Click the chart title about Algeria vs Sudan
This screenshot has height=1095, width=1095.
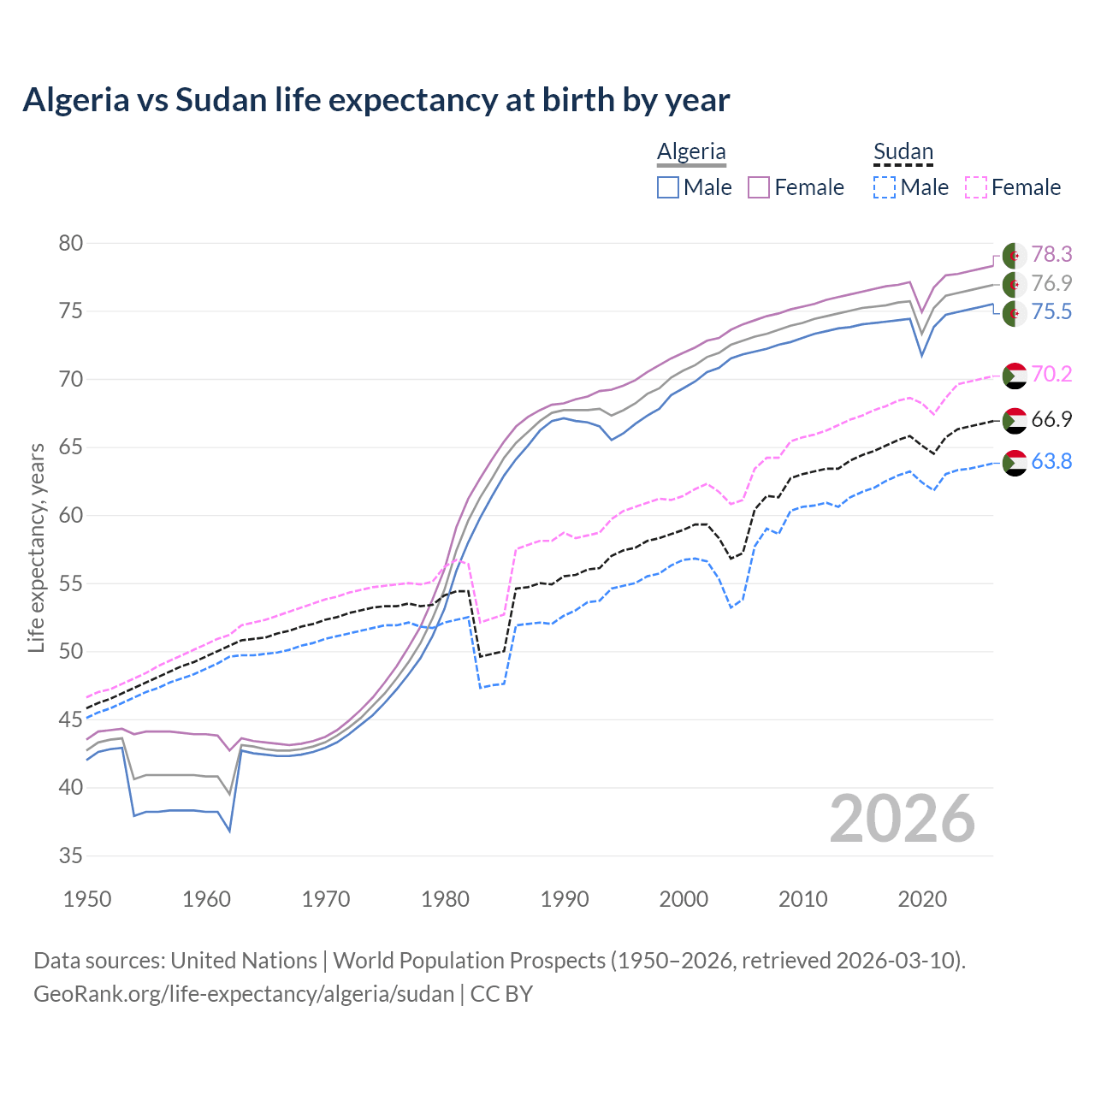(376, 100)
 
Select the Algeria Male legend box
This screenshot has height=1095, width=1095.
(668, 187)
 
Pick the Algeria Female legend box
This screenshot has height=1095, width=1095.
(759, 187)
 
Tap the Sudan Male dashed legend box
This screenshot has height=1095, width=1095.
(885, 187)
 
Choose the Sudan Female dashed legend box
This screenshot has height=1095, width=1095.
(975, 187)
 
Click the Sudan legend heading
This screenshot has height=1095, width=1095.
(903, 152)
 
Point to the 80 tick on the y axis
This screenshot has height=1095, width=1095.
(71, 243)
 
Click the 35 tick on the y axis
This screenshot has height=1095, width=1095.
(71, 855)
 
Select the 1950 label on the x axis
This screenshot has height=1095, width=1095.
(88, 899)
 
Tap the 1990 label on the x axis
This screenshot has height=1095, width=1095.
(565, 899)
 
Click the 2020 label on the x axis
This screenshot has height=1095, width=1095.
(922, 899)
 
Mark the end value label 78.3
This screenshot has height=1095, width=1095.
(1051, 255)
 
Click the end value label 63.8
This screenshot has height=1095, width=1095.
(1051, 462)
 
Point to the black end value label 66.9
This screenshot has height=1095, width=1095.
(1051, 419)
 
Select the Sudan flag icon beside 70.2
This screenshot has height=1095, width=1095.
(1015, 375)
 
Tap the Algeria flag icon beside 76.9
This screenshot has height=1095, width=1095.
(1015, 284)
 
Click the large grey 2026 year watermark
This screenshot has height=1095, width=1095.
(902, 819)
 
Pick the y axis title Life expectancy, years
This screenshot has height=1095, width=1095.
(36, 547)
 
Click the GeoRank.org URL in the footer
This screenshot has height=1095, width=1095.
(244, 994)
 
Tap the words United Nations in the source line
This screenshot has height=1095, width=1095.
(244, 961)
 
